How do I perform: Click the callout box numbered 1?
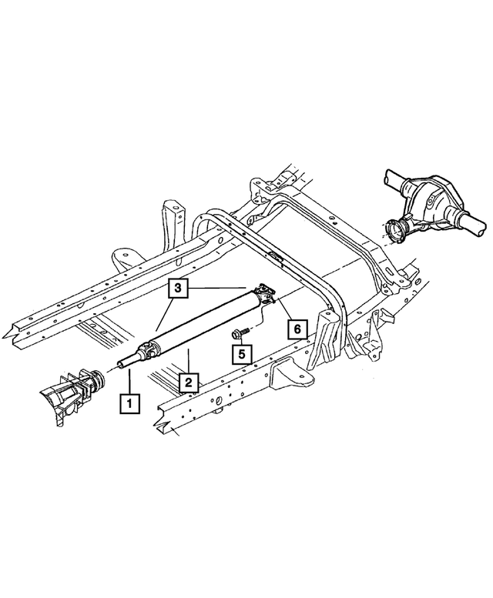click(x=129, y=402)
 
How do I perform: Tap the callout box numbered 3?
click(x=178, y=289)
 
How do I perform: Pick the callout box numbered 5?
click(x=241, y=355)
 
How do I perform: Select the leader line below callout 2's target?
click(x=187, y=361)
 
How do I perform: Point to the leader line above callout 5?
click(x=240, y=341)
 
